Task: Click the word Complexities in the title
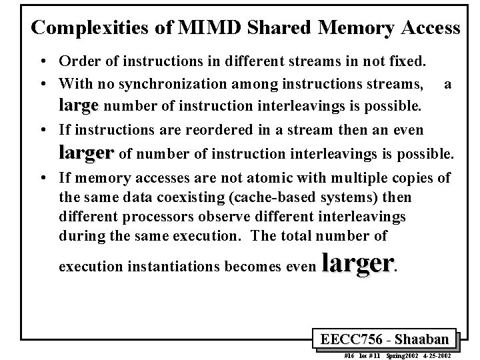coord(87,28)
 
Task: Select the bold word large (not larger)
coord(78,105)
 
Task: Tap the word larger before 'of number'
coord(86,153)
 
